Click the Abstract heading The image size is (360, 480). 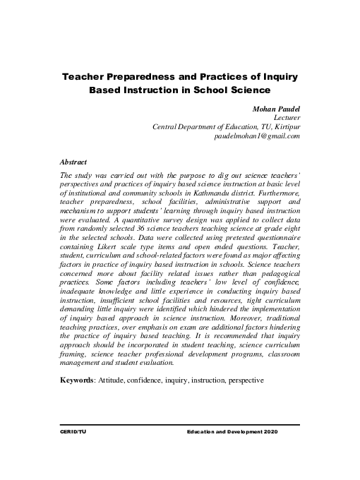tap(73, 162)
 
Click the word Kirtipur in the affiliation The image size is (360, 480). tap(287, 126)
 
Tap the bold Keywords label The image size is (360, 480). tap(79, 380)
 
